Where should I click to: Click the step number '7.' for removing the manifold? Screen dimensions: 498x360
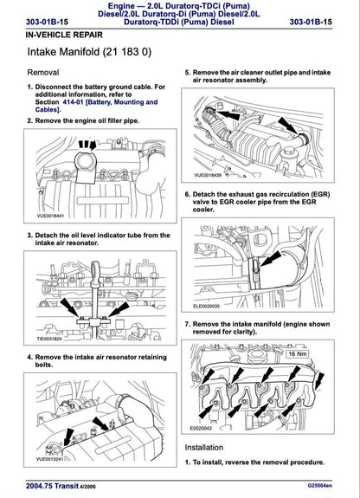189,323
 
